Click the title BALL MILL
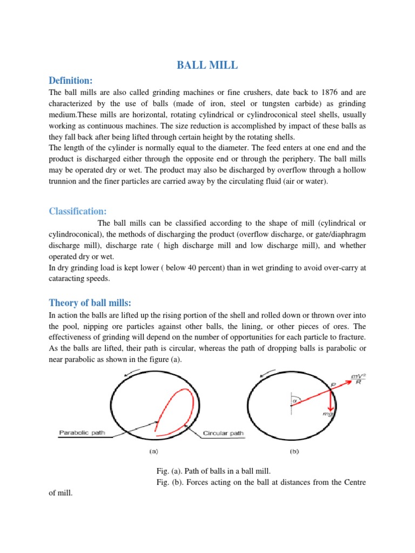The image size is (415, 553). click(x=207, y=66)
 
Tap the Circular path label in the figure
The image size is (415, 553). click(x=223, y=433)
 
